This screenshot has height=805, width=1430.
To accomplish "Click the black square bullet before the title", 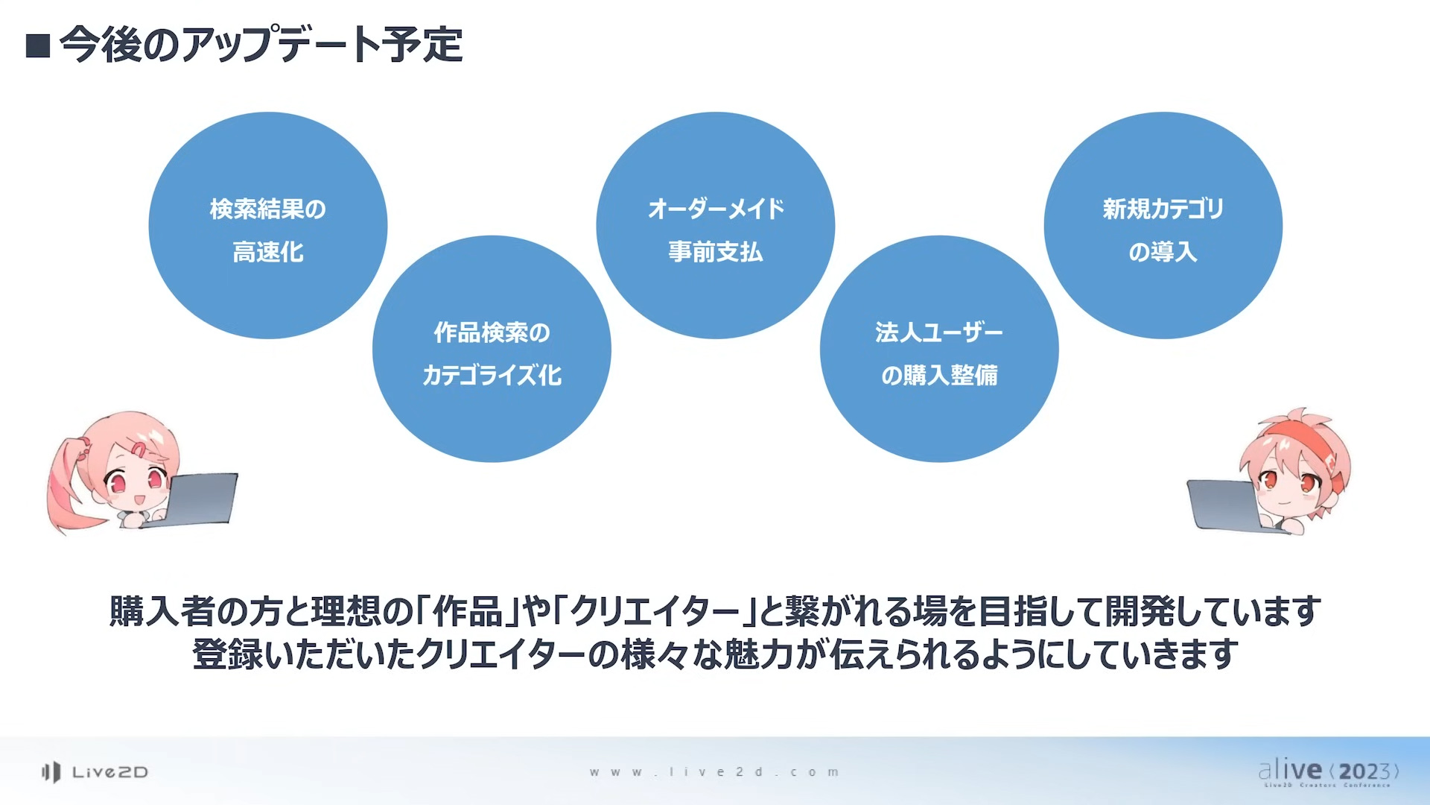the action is point(38,46).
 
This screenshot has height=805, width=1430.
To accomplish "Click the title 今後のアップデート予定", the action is point(261,45).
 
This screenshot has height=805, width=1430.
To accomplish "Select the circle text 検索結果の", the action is point(268,209).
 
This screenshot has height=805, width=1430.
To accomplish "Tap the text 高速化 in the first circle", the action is point(268,252).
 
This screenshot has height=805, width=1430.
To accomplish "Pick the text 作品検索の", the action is point(492,332).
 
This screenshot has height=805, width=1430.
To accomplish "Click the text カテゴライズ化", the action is point(492,375).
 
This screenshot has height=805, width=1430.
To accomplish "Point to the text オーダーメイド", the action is point(716,209).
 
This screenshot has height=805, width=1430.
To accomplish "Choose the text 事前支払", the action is point(716,252).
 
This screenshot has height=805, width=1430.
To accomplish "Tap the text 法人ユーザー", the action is point(939,332).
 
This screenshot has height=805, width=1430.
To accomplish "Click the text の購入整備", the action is point(939,375).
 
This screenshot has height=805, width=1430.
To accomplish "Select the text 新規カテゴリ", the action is point(1163,209).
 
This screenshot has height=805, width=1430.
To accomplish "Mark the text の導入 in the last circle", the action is point(1163,252).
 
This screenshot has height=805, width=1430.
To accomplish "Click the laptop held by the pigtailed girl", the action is point(197,499).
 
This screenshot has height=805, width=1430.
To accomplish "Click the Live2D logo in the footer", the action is point(95,772).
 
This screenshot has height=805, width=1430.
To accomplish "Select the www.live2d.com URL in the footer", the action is point(714,772).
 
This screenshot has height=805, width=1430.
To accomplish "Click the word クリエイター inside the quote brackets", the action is point(655,611).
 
